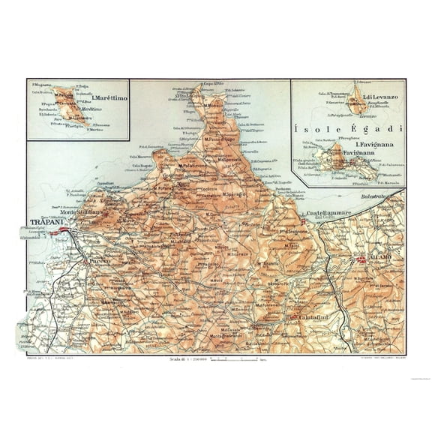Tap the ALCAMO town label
[375, 259]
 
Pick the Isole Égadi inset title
[347, 126]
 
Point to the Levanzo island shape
[352, 102]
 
